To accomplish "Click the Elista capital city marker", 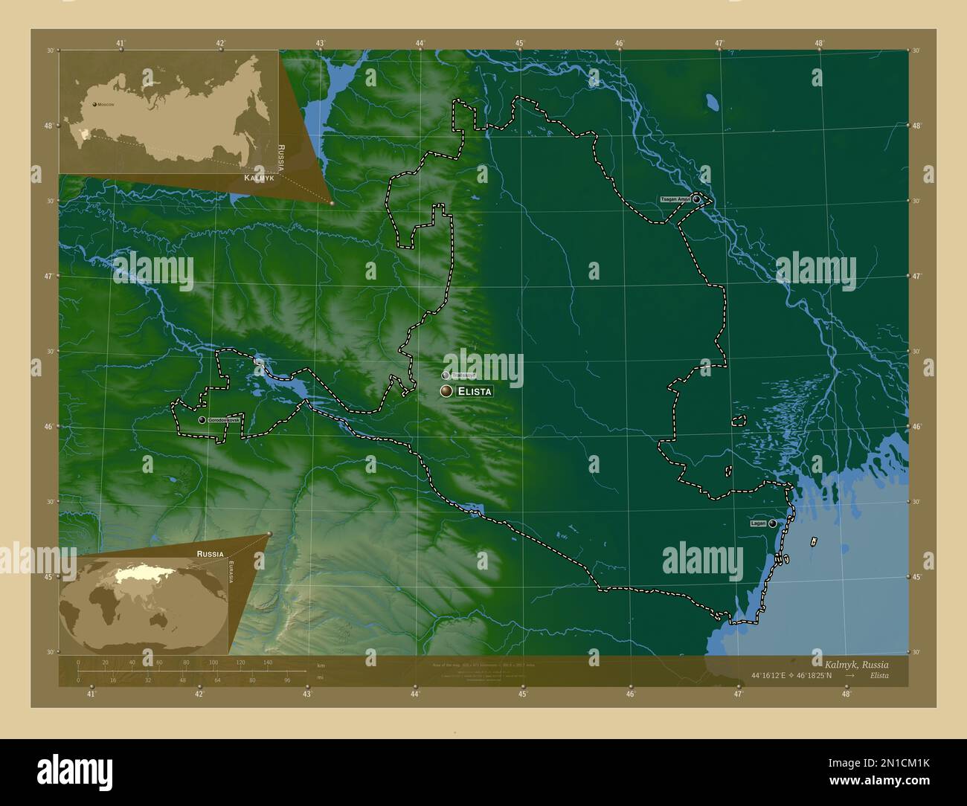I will (x=446, y=391).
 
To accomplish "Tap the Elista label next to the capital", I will (x=474, y=391).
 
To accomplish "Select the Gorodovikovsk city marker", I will (x=202, y=420).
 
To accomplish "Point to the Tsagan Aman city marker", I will (x=696, y=199).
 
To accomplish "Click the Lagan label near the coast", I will (x=758, y=523).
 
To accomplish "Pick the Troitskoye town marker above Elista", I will (x=445, y=375).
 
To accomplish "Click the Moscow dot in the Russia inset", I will (x=94, y=105).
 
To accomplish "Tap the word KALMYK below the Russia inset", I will (x=260, y=180).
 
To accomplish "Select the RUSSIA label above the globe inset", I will (x=210, y=554).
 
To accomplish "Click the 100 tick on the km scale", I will (x=213, y=662).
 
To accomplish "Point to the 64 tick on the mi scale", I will (x=217, y=680).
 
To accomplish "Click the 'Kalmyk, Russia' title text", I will (x=855, y=663).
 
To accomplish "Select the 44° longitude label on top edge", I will (x=420, y=43).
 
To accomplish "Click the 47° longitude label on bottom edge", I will (x=738, y=694).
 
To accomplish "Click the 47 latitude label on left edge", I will (x=48, y=276).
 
